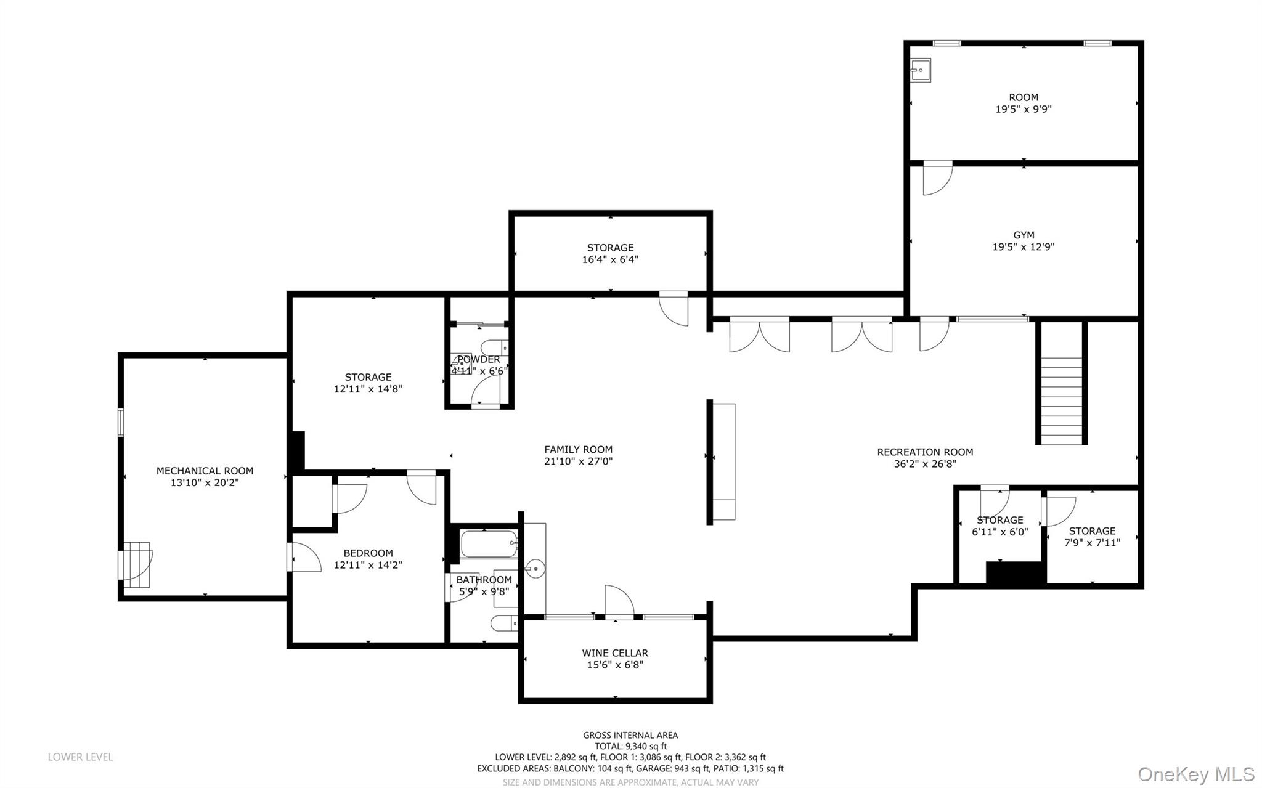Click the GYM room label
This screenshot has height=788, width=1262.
click(x=1023, y=235)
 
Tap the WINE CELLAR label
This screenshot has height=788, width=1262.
click(x=614, y=653)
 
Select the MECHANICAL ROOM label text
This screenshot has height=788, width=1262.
click(x=205, y=471)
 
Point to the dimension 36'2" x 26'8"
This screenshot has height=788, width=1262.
click(x=925, y=464)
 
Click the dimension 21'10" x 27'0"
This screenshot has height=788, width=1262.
click(x=578, y=461)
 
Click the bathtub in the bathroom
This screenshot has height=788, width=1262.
click(x=489, y=544)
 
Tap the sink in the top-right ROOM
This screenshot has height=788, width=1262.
click(x=921, y=71)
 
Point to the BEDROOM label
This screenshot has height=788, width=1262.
click(x=368, y=553)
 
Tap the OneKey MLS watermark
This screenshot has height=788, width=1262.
click(x=1195, y=774)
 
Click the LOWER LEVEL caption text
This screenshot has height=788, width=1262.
click(x=80, y=757)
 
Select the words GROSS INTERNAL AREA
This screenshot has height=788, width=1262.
click(x=630, y=735)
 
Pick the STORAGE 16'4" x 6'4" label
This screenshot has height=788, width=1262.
click(x=610, y=253)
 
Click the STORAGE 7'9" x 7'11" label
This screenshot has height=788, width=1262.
click(x=1092, y=537)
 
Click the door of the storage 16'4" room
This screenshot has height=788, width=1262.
click(x=674, y=309)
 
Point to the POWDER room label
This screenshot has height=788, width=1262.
click(x=479, y=360)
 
